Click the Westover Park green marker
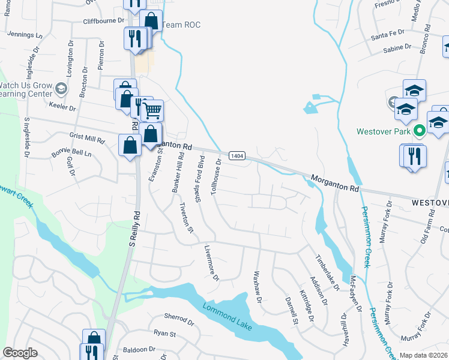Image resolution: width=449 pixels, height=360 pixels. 419,130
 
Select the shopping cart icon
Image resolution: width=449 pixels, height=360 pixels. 152,110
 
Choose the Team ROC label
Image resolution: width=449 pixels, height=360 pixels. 181,25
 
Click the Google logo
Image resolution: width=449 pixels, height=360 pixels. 20,352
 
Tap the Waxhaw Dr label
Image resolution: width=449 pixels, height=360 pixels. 258,285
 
